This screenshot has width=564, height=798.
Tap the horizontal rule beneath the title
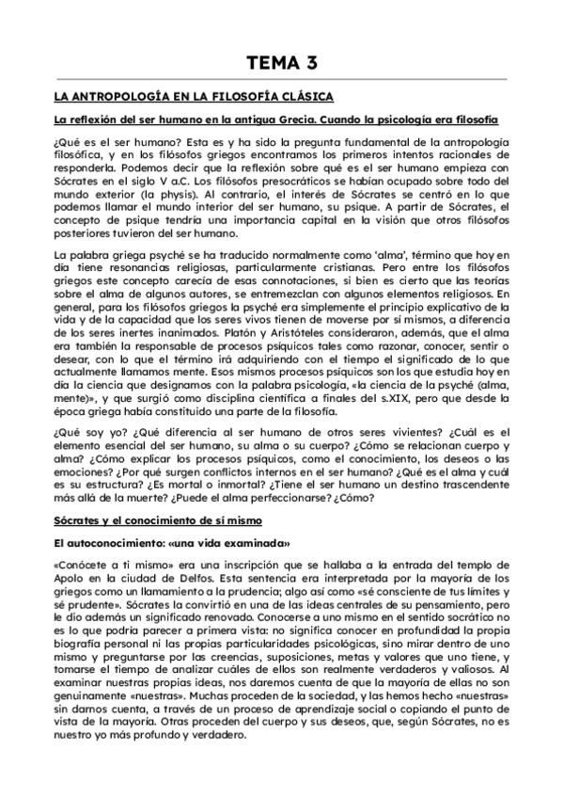(281, 79)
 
